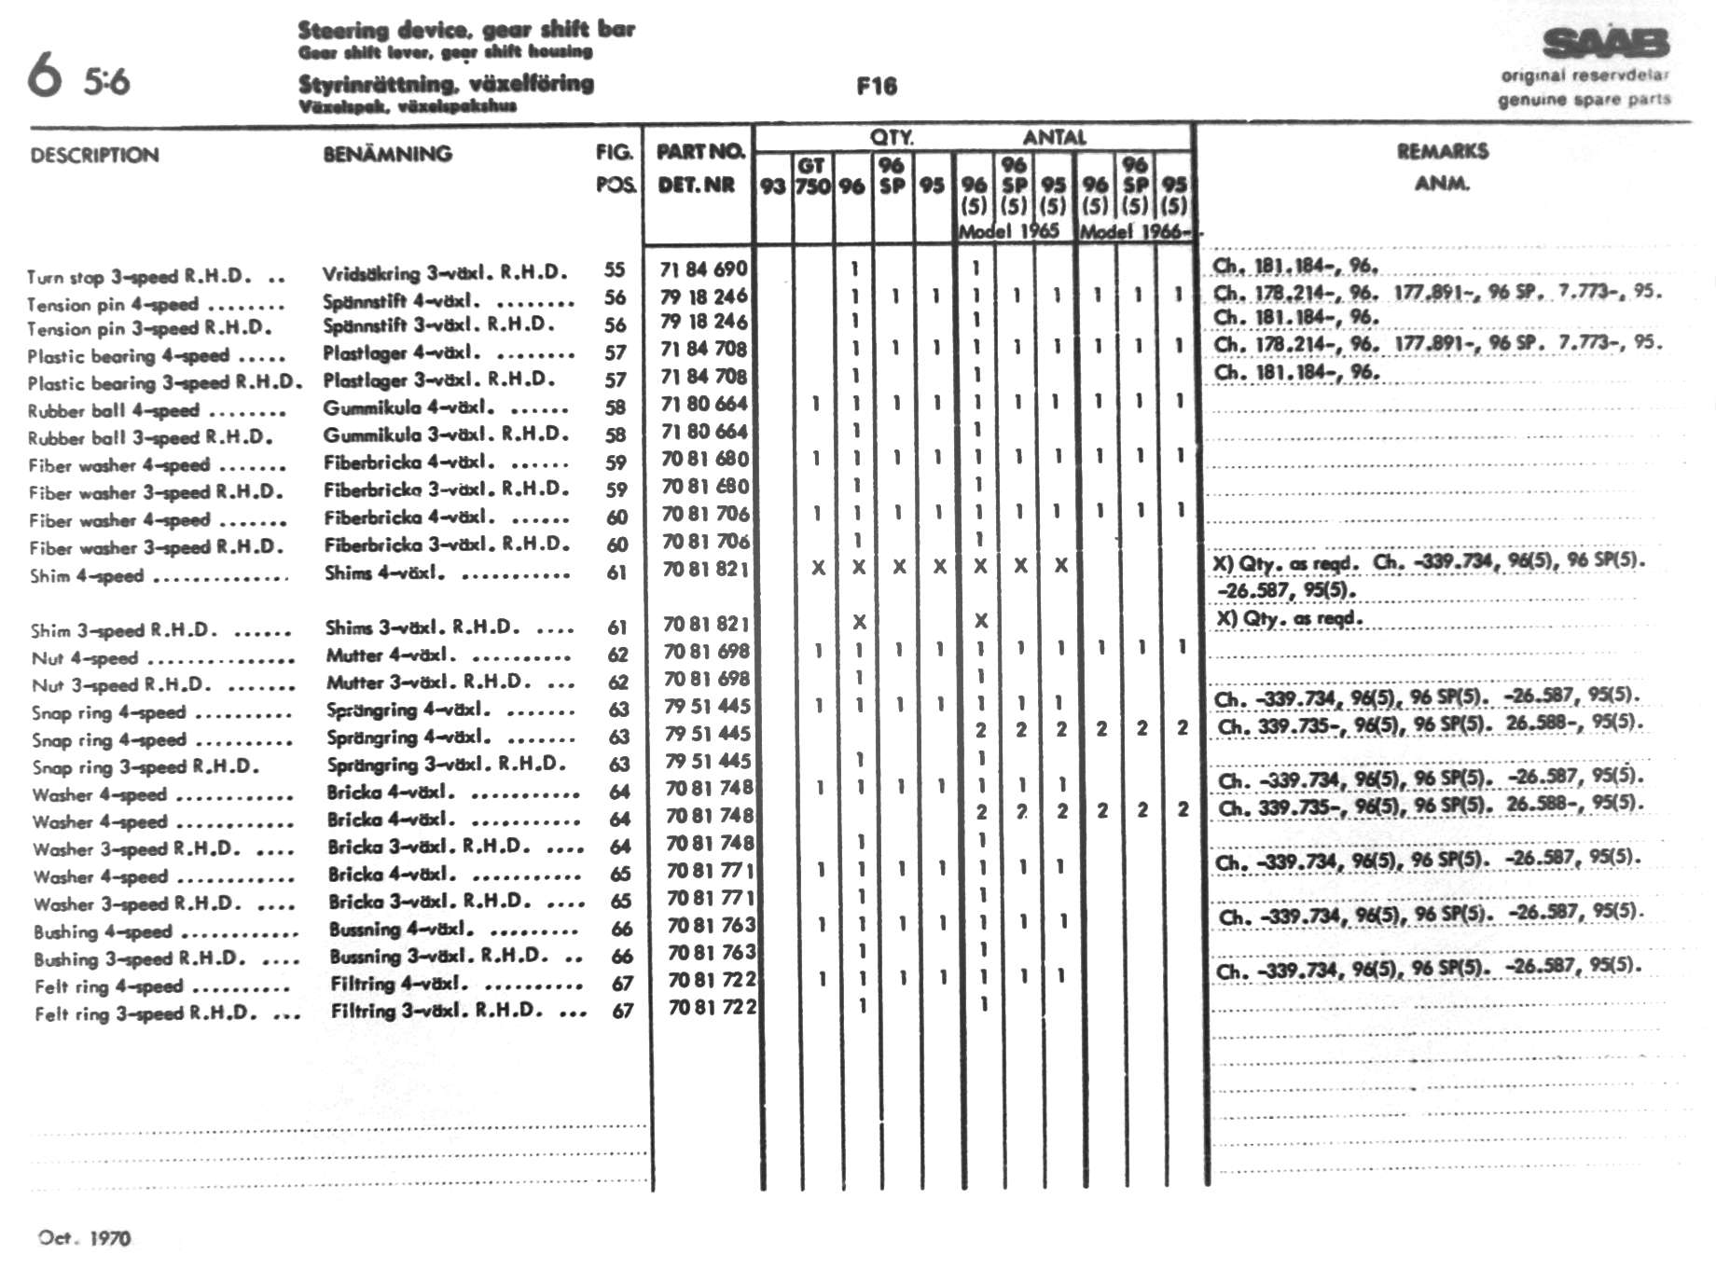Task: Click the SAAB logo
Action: (1605, 43)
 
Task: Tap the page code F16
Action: (877, 87)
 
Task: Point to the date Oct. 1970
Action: (85, 1238)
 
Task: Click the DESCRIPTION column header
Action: (94, 155)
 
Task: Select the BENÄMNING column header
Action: (387, 154)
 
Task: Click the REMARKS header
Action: (1442, 151)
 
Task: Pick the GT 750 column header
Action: (811, 176)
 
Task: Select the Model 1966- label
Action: (1135, 231)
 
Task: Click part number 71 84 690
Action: (703, 269)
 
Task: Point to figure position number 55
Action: (614, 269)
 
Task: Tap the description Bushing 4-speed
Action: (103, 931)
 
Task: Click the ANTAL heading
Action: (1054, 137)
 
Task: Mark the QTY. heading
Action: (892, 137)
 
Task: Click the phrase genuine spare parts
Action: (1584, 100)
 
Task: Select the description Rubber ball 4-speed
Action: (113, 410)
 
